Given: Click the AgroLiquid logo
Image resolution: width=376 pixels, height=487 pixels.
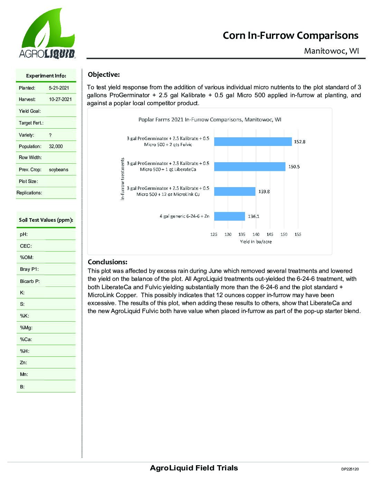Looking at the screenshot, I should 47,34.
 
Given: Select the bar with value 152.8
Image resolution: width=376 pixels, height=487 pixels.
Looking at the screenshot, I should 253,141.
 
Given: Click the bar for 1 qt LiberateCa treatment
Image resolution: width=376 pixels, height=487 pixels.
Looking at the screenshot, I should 250,166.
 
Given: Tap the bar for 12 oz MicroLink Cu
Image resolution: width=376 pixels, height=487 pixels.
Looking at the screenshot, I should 234,191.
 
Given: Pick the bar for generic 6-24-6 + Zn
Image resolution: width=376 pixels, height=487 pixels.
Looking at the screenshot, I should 229,216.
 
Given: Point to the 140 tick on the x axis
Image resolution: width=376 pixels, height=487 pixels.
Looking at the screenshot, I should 256,235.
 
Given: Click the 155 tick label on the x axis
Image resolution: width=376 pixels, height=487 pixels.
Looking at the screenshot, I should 298,235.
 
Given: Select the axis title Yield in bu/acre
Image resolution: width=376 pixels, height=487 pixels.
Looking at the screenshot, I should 256,242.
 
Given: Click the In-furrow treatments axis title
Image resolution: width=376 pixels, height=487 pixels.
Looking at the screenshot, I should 122,179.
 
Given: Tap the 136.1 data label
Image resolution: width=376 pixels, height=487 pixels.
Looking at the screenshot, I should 253,217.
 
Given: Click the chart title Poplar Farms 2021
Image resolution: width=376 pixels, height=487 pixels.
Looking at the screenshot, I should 210,120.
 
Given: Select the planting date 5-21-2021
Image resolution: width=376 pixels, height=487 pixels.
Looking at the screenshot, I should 59,88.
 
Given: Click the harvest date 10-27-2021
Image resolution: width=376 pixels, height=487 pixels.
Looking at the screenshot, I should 60,99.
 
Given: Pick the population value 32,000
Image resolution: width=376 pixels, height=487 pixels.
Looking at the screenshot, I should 56,146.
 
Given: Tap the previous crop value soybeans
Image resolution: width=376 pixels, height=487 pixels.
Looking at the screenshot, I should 58,170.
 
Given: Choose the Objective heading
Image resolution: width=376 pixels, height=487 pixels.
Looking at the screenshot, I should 104,75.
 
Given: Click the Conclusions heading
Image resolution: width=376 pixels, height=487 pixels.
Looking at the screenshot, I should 107,262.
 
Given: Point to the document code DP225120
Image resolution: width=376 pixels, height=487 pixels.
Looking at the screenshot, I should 350,469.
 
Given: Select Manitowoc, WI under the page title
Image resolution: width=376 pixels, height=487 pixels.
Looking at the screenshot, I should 331,51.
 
